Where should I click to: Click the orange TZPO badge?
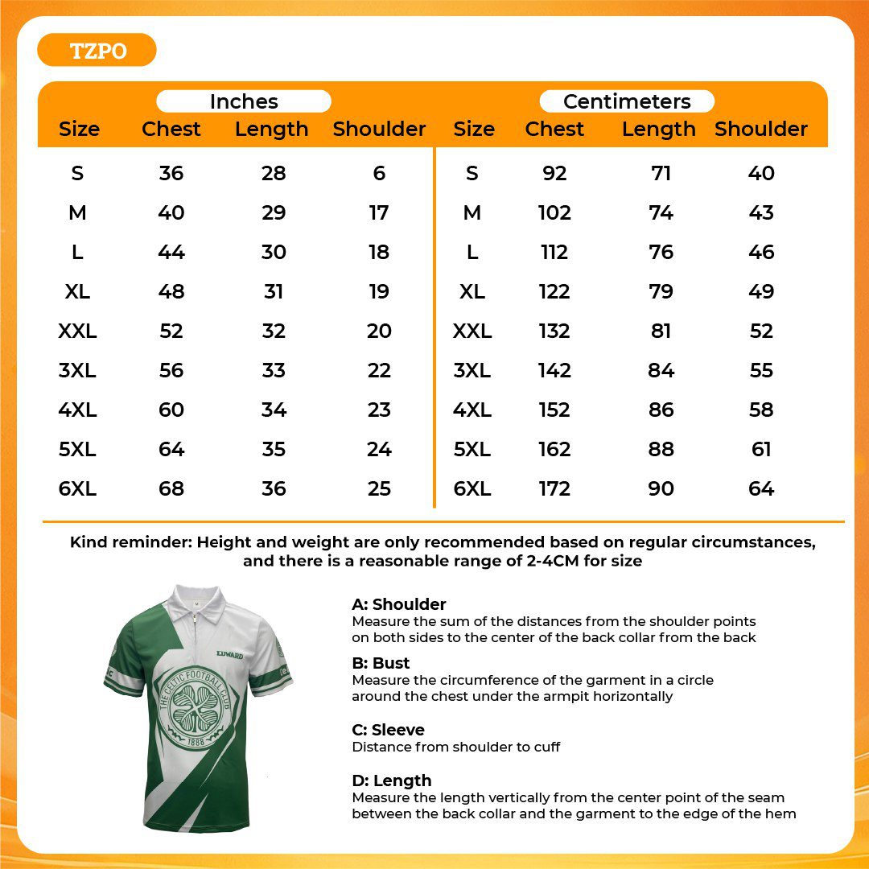97,51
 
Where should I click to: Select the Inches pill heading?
244,101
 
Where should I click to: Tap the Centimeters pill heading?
627,101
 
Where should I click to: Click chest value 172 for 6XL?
554,488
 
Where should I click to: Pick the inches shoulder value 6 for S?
379,173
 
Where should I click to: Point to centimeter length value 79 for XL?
661,291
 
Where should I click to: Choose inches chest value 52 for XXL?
171,331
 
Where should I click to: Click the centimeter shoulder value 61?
761,449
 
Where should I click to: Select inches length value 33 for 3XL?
274,370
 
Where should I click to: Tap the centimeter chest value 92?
554,173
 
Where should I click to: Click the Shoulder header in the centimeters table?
760,129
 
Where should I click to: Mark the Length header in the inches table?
271,129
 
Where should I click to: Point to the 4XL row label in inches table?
77,410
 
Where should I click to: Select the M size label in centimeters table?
472,212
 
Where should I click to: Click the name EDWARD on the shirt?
229,655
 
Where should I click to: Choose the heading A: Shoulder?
398,604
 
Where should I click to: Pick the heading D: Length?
391,780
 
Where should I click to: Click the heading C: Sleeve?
388,730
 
